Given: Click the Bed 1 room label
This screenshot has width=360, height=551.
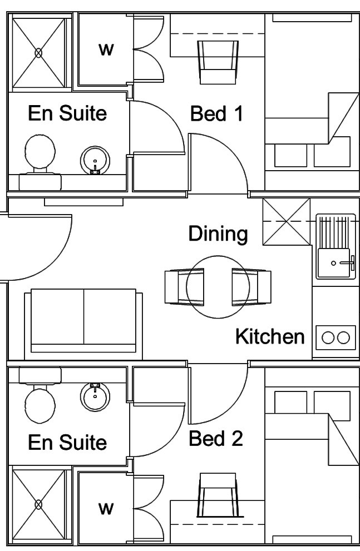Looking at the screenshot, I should tap(216, 114).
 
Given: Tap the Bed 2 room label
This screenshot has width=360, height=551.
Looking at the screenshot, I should tap(216, 439).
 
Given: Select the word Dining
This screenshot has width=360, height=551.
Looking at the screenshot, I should tap(218, 234).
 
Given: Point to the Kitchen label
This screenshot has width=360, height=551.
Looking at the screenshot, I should tap(270, 336).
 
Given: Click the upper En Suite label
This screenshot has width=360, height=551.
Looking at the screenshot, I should tap(67, 113).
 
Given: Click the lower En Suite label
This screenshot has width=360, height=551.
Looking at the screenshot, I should tap(67, 443).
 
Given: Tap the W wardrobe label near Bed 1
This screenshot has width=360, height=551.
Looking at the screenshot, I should tap(106, 49).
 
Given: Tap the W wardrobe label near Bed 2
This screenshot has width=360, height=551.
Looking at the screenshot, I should tap(106, 508).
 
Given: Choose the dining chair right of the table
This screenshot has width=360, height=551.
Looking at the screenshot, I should tap(249, 286).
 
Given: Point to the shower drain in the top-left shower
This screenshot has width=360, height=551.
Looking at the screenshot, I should tap(39, 53).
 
